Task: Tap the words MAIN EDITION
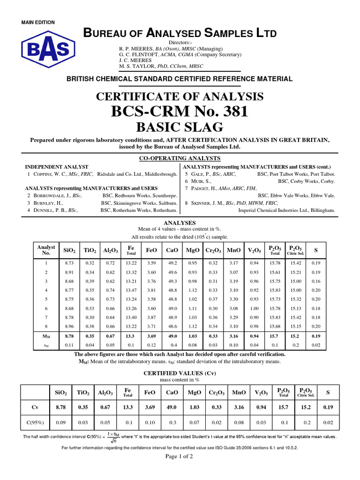[38, 22]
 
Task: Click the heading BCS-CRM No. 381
[180, 112]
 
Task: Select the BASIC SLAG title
[180, 127]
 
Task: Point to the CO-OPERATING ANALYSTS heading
[180, 158]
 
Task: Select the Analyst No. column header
[46, 250]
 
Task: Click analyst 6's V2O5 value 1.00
[254, 308]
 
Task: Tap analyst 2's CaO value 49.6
[172, 272]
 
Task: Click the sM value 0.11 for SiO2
[69, 345]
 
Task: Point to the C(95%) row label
[35, 423]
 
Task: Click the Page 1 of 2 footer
[180, 458]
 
